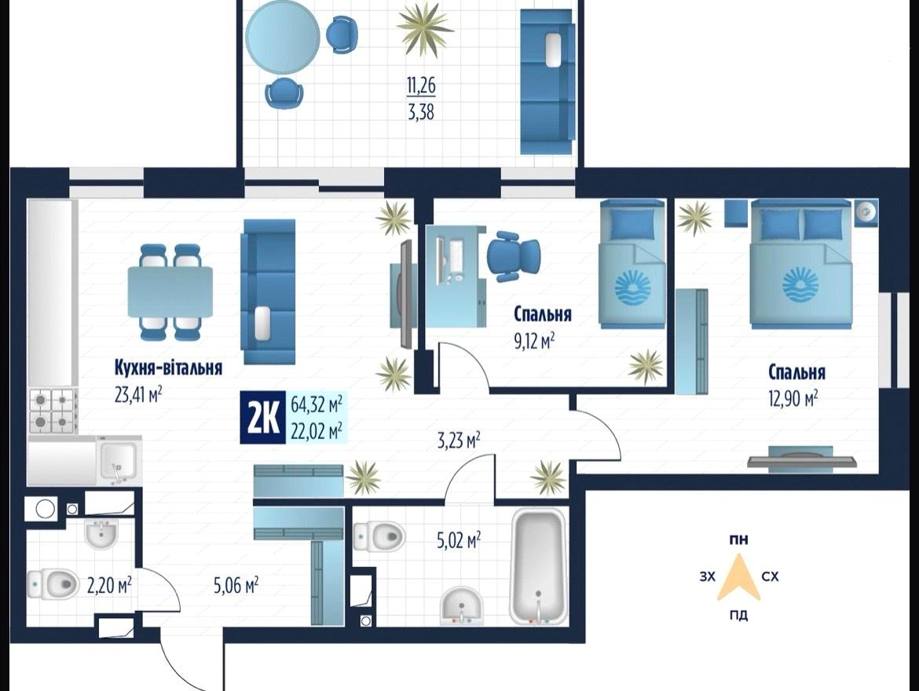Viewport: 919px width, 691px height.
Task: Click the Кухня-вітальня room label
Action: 168,368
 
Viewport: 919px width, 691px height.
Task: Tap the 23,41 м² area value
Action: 139,394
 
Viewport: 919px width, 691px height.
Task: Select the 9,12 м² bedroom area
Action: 534,341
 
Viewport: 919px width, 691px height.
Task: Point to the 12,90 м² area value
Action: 793,399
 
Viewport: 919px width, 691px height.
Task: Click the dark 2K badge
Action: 263,417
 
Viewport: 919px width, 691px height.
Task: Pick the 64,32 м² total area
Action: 317,404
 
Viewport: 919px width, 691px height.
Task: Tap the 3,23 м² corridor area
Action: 459,441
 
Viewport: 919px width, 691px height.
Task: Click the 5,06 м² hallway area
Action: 236,584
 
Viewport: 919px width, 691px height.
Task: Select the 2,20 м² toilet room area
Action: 109,586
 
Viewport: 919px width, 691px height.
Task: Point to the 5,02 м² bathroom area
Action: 459,539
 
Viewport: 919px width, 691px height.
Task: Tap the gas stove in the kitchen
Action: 53,411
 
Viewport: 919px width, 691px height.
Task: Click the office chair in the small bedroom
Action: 513,256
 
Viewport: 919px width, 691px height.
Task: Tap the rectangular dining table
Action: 170,291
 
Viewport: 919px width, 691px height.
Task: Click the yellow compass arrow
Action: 739,578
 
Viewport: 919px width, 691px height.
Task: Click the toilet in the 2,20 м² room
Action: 53,584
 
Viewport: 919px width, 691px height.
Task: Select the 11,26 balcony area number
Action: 421,86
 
